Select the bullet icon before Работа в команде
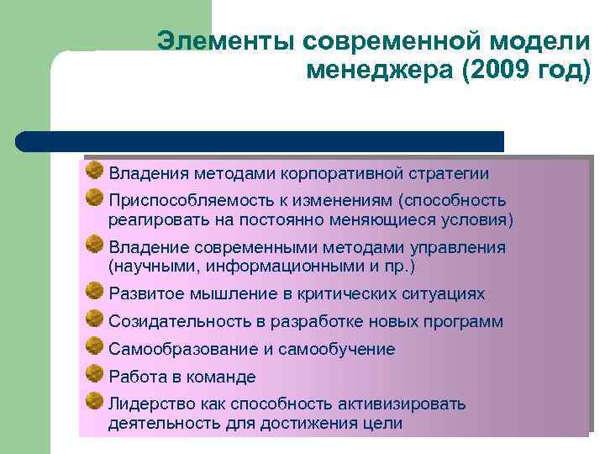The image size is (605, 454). (x=94, y=374)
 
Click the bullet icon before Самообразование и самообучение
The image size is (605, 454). (x=94, y=346)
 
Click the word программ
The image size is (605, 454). (x=461, y=322)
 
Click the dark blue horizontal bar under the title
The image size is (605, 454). (x=260, y=140)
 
